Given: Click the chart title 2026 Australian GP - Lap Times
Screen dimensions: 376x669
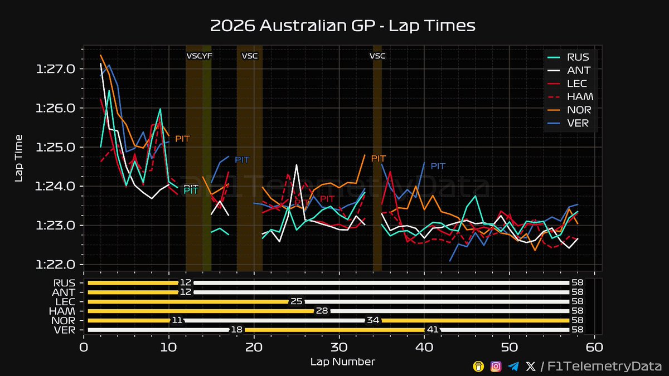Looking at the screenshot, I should coord(342,26).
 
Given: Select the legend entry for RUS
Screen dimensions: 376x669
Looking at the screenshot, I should coord(578,57).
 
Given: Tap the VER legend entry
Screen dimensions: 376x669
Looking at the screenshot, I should coord(578,123).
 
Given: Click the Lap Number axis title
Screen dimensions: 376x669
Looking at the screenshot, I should coord(342,362).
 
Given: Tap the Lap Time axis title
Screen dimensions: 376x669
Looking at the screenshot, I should coord(19,158).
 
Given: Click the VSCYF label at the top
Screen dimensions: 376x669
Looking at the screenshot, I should coord(199,56).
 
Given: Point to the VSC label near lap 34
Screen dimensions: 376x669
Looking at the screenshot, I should coord(377,56).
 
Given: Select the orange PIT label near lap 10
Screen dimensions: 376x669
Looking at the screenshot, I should coord(183,138).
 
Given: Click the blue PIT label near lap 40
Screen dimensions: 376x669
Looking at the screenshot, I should coord(438,166).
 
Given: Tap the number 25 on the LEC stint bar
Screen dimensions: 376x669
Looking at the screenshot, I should coord(296,301).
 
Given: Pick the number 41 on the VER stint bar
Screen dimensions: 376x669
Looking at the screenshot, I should coord(432,330).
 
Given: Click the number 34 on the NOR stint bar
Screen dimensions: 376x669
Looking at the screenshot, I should coord(372,320).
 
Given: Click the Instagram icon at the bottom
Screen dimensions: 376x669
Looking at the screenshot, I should coord(496,365).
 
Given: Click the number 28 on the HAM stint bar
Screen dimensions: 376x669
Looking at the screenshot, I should coord(322,311).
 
